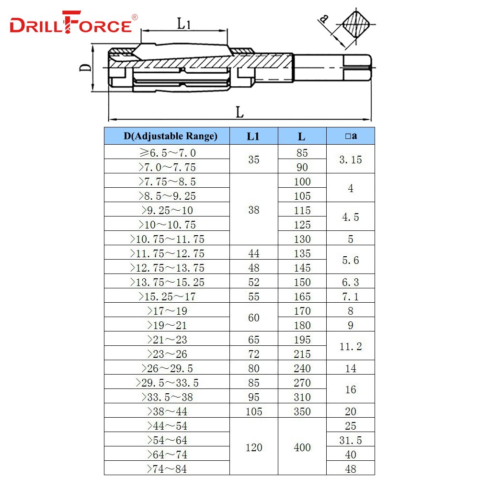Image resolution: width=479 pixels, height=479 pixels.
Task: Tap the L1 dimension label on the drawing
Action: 184,23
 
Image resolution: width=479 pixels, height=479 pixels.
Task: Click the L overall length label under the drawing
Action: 239,113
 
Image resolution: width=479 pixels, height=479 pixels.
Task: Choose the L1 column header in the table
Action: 253,136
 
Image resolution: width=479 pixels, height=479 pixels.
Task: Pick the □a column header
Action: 351,136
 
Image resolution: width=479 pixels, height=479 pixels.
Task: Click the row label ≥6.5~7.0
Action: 167,153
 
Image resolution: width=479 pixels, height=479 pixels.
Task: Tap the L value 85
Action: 302,153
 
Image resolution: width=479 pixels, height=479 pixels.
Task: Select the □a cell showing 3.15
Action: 351,160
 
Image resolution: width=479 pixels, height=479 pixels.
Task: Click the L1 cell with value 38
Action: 253,210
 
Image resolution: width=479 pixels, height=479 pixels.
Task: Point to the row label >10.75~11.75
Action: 167,239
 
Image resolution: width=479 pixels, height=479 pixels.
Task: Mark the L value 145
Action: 302,268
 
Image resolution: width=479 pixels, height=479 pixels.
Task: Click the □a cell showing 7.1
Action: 351,297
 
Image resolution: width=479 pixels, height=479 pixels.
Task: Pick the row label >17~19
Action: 167,311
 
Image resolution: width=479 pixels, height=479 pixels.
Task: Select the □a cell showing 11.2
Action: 351,346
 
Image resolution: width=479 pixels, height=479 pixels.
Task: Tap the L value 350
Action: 302,411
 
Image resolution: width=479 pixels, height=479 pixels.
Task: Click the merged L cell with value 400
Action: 302,447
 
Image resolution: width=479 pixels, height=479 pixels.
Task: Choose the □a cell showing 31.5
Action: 351,440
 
